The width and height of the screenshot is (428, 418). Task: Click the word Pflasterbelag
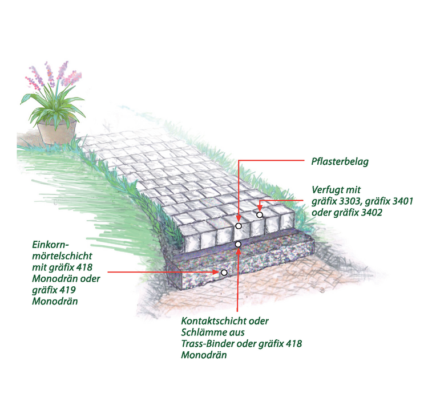340,161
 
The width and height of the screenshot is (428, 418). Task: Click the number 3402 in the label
370,213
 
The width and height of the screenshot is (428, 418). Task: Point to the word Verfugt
328,190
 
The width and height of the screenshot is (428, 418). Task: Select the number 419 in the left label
67,290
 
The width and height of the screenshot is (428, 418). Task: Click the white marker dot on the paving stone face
239,226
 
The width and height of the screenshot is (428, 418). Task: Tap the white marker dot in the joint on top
260,215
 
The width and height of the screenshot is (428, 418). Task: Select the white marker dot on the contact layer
238,244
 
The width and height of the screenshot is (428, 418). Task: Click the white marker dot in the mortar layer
224,273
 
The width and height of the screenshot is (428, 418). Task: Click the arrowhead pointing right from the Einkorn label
217,272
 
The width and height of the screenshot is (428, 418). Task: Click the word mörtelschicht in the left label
62,256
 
